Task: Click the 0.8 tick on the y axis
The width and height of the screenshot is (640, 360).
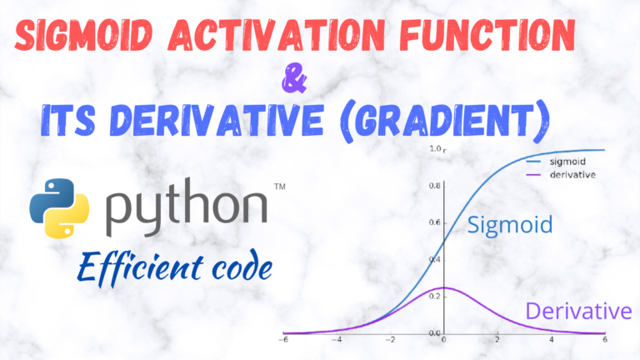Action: [434, 185]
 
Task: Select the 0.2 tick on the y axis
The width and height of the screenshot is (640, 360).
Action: [434, 296]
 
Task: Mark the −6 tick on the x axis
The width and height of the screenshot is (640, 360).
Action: [283, 342]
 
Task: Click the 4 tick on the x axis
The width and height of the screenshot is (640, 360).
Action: [551, 342]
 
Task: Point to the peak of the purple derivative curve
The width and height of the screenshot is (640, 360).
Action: [444, 287]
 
